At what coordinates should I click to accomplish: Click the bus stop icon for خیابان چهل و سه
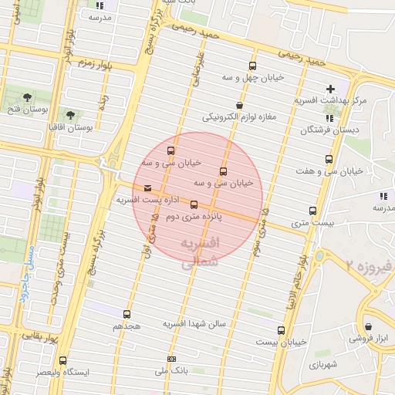click(x=253, y=66)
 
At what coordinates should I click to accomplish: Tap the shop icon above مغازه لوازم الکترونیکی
click(x=239, y=106)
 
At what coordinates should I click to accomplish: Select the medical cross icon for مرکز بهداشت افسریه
click(x=330, y=89)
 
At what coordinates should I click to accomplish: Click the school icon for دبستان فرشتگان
click(x=330, y=118)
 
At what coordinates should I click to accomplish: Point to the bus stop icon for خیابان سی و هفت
click(x=329, y=159)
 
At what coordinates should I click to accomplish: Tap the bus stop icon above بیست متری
click(x=312, y=211)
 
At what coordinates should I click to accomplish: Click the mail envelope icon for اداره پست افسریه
click(x=147, y=187)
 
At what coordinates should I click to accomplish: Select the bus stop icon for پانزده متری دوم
click(x=194, y=205)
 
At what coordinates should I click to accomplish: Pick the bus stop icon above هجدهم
click(x=127, y=314)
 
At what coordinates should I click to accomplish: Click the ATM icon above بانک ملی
click(x=170, y=359)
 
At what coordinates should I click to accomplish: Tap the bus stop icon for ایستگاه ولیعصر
click(x=63, y=360)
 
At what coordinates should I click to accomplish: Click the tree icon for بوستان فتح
click(x=28, y=98)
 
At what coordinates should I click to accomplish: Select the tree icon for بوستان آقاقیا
click(x=70, y=114)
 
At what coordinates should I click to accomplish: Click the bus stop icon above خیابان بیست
click(x=282, y=328)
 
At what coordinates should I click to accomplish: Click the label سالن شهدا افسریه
click(x=194, y=325)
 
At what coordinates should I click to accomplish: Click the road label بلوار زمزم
click(x=91, y=64)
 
